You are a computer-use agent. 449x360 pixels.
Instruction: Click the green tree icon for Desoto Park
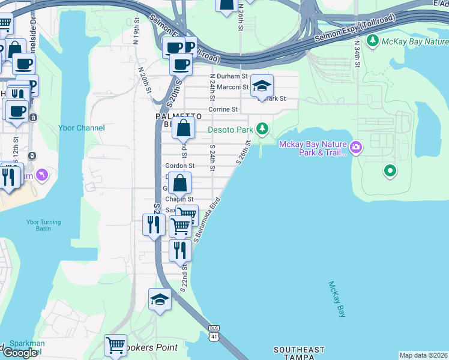(x=262, y=128)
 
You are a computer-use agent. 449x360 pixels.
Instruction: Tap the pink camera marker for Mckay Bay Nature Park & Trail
(x=356, y=146)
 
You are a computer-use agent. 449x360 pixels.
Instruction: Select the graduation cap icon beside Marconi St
(x=262, y=86)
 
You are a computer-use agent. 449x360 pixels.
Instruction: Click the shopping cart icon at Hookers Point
(x=115, y=346)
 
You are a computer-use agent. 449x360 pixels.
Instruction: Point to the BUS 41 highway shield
(x=214, y=333)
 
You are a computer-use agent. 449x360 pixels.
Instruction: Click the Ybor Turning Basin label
(x=43, y=226)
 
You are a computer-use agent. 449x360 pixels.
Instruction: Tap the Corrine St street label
(x=223, y=110)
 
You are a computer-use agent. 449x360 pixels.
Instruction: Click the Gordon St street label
(x=179, y=166)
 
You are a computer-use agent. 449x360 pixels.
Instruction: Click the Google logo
(x=20, y=352)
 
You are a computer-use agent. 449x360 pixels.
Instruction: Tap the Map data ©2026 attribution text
(x=423, y=355)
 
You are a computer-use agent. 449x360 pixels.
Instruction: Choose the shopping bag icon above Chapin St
(x=179, y=184)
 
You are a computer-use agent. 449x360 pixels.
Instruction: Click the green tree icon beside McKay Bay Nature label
(x=373, y=41)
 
